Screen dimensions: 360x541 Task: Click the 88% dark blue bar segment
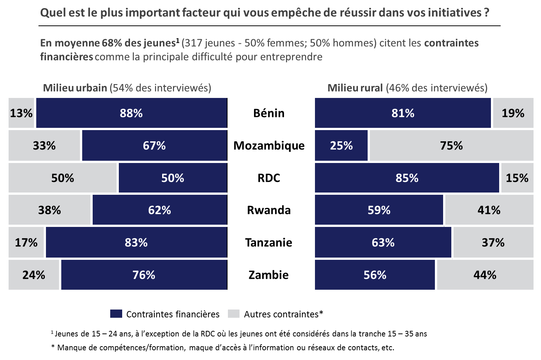click(132, 113)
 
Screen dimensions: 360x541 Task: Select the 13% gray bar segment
click(21, 113)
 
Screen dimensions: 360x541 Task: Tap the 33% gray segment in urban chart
click(44, 145)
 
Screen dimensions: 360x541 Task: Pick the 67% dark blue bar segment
click(154, 145)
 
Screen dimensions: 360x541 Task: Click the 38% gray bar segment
click(49, 210)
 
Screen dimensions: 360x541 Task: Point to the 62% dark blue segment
click(160, 210)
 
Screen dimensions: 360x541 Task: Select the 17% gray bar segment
click(26, 243)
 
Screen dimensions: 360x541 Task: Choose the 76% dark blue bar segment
click(144, 275)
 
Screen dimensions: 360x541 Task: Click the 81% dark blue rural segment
click(403, 113)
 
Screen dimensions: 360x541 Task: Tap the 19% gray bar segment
click(513, 113)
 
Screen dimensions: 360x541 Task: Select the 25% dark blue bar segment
click(341, 145)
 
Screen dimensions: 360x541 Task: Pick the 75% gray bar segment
click(451, 145)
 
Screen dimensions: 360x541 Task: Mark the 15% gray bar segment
click(517, 178)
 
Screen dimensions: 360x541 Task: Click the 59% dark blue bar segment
click(379, 210)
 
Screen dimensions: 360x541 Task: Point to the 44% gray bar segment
click(485, 275)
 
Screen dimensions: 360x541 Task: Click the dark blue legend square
click(116, 314)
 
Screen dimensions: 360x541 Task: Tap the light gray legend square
click(234, 314)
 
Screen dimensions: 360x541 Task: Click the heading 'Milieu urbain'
click(75, 88)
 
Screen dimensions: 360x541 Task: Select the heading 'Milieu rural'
click(355, 88)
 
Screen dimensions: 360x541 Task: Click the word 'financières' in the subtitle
click(66, 57)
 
